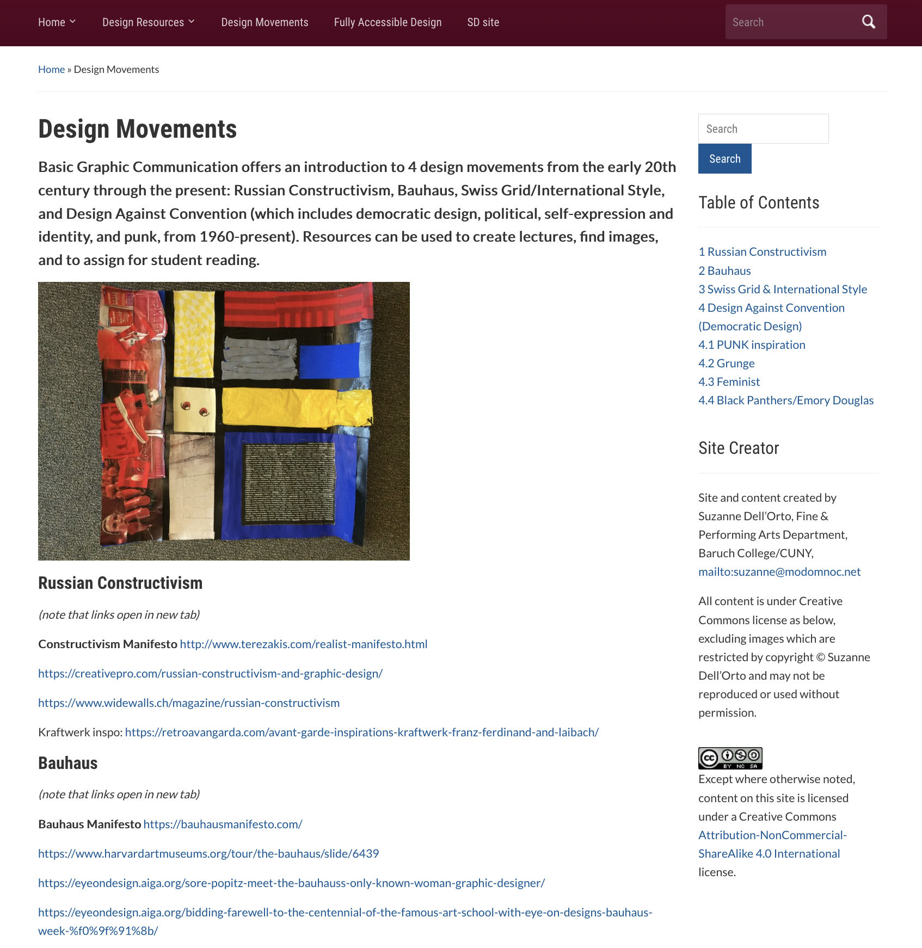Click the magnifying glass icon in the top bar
coord(868,22)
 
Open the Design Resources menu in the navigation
coord(148,22)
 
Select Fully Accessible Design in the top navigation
coord(388,22)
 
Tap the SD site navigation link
coord(483,22)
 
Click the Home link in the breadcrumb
coord(51,69)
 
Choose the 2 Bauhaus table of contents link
coord(724,270)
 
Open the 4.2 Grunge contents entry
coord(726,363)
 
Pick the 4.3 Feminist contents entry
coord(729,381)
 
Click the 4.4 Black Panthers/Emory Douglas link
coord(785,400)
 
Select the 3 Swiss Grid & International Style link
coord(782,289)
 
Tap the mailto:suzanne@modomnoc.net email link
coord(779,571)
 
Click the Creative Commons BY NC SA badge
coord(730,758)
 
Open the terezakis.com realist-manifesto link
coord(303,644)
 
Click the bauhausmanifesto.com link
coord(223,824)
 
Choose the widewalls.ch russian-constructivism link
coord(188,703)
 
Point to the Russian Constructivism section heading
coord(120,583)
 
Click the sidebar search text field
coord(763,129)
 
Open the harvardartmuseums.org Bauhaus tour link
coord(208,853)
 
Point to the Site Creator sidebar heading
coord(739,448)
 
